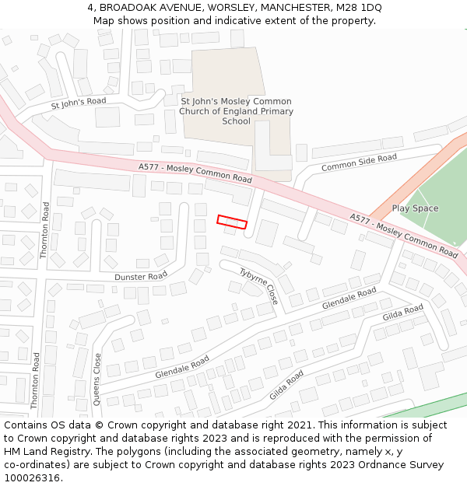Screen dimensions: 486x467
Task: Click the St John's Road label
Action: coord(78,103)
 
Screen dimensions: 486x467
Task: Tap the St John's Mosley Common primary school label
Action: coord(236,111)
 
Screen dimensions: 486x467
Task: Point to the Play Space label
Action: coord(415,208)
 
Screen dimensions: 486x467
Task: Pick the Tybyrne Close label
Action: coord(258,285)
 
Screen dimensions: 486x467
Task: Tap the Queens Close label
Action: coord(97,379)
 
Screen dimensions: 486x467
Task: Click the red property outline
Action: coord(232,222)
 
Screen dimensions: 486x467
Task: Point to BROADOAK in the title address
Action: coord(128,7)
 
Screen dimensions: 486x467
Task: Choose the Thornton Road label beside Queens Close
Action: coord(35,380)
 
